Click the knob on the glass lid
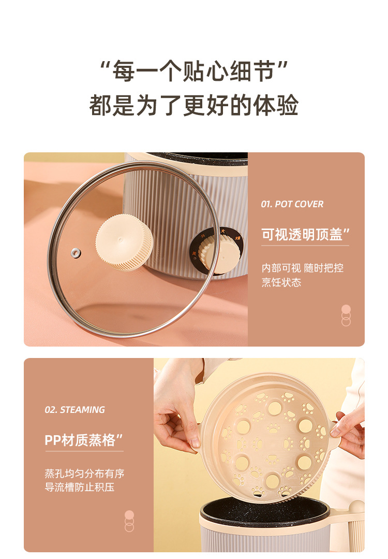click(124, 242)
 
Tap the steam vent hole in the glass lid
click(76, 253)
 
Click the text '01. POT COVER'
click(292, 204)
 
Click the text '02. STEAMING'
click(74, 410)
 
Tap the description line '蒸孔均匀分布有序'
click(84, 474)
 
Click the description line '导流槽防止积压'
click(79, 488)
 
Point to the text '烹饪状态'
click(281, 283)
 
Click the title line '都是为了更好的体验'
click(193, 105)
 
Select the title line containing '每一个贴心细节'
click(193, 71)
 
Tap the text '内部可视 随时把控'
click(303, 268)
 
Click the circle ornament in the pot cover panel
click(346, 316)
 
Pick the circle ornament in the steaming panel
click(129, 521)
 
